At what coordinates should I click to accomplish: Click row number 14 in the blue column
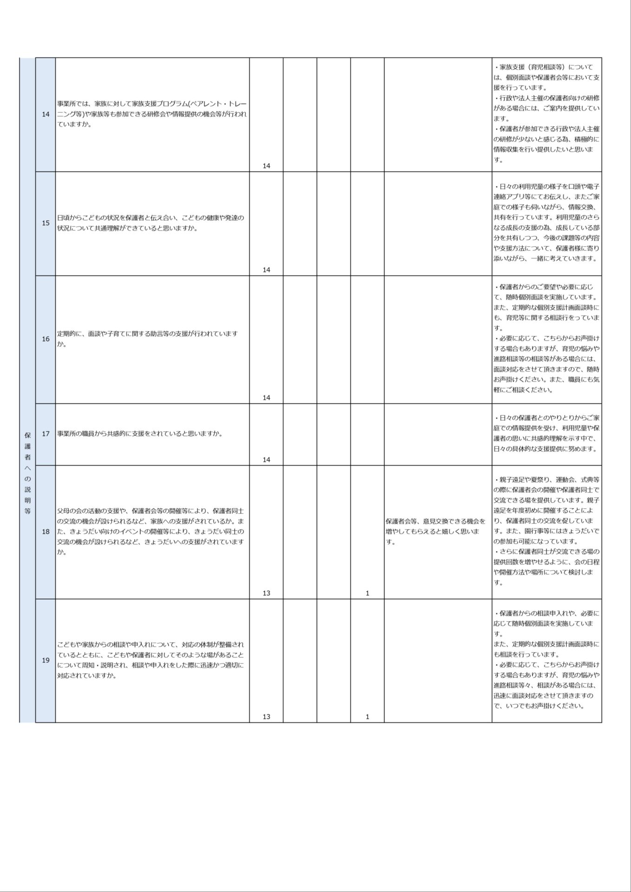coord(46,115)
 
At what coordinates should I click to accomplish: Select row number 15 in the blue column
coord(46,223)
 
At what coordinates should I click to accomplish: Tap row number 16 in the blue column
coord(46,339)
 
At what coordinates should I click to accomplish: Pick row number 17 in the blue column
coord(46,434)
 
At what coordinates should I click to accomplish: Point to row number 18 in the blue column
coord(46,531)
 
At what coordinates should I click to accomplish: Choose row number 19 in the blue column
coord(46,660)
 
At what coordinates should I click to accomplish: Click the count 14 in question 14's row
coord(266,166)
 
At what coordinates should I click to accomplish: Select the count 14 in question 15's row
coord(266,269)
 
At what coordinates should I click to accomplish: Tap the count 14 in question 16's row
coord(266,398)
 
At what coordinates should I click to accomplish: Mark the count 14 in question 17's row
coord(266,459)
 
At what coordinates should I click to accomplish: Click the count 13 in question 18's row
coord(266,593)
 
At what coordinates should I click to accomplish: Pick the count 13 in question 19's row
coord(266,717)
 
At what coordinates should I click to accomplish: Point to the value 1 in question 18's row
coord(368,593)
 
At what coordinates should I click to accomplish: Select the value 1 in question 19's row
coord(368,717)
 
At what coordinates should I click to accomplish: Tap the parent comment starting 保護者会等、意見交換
coord(435,531)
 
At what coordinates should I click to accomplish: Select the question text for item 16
coord(148,339)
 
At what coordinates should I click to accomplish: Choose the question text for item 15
coord(151,223)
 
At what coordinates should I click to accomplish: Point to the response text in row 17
coord(546,434)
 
